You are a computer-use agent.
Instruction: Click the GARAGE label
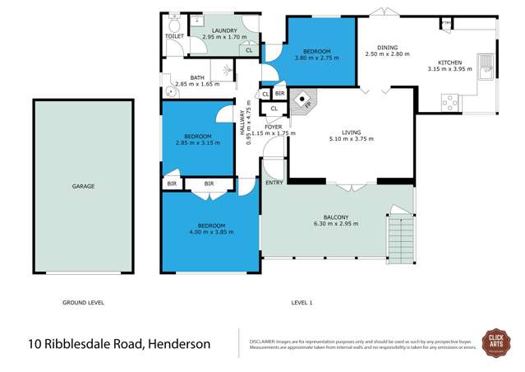point(83,187)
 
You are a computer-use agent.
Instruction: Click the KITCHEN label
point(449,63)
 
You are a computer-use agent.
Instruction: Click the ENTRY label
point(274,183)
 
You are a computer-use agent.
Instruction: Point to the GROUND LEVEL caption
point(83,303)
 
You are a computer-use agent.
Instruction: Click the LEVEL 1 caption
point(302,303)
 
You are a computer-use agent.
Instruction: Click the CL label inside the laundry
point(248,50)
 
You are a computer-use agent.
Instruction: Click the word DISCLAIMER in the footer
point(256,339)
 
